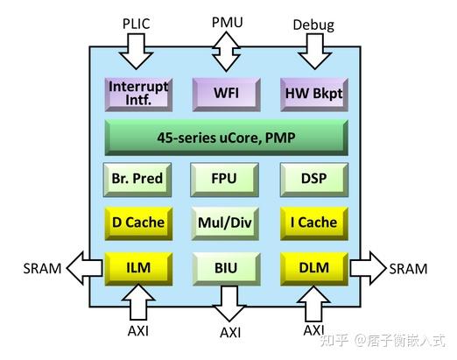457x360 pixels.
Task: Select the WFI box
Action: (225, 93)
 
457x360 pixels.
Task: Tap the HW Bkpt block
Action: (313, 93)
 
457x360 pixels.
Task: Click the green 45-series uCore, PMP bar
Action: (225, 138)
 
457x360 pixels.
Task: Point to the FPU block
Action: (225, 180)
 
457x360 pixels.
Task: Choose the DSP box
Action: (313, 180)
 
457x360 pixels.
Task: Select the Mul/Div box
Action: (225, 222)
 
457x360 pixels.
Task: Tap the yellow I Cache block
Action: (313, 222)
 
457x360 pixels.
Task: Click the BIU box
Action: (225, 266)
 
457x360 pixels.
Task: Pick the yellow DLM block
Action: (313, 266)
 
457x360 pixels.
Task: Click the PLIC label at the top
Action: (136, 24)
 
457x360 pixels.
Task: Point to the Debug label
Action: (313, 25)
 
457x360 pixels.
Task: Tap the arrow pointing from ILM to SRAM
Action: (85, 266)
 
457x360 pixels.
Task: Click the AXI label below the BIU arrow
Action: (230, 333)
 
